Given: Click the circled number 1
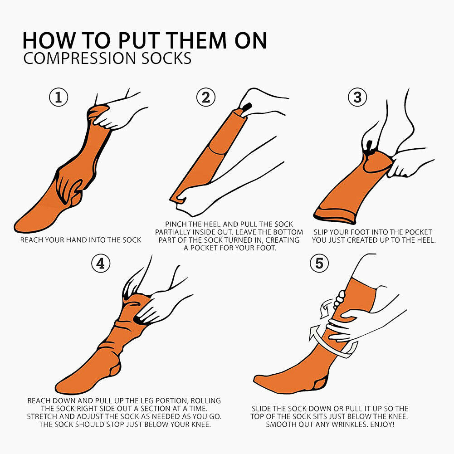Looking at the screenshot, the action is point(59,97).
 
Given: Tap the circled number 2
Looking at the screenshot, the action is point(206,97).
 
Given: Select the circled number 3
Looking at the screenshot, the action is point(357,97).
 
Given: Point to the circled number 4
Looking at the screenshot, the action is point(101,264).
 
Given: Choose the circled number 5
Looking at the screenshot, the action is point(319,264).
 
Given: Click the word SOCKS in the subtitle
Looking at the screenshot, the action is point(166,58).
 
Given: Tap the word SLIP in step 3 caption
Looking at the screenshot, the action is point(321,232).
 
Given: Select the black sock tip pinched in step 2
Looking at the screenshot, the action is point(246,107).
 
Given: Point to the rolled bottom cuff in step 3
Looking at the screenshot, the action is point(334,215).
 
